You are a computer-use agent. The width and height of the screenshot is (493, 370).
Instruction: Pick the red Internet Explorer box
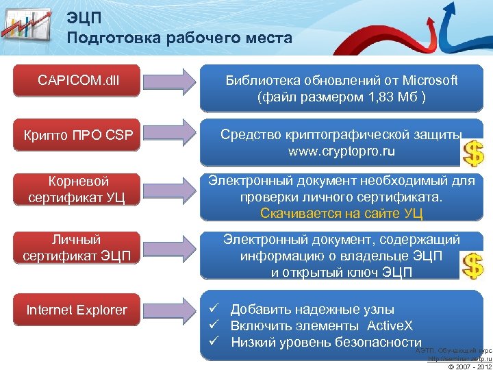(x=77, y=310)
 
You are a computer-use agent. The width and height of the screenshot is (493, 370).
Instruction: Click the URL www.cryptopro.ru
(x=341, y=150)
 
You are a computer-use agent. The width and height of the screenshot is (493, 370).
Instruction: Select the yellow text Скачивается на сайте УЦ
(x=341, y=213)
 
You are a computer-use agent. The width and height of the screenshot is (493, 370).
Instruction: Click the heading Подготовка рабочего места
(x=179, y=38)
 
